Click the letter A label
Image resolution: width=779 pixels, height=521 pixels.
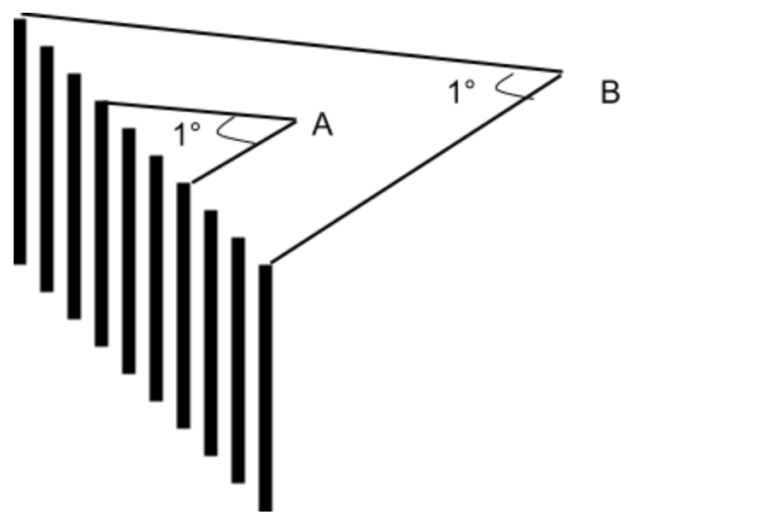322,124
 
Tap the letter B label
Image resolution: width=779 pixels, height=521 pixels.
611,92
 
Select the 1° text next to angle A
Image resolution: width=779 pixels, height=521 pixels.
187,133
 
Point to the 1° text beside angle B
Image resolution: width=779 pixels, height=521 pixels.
461,91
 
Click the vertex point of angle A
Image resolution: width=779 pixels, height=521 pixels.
296,120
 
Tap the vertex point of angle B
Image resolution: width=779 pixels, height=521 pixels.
562,73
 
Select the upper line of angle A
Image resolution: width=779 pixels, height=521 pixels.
201,111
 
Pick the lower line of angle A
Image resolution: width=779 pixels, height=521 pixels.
243,151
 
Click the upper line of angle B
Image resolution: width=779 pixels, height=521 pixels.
291,43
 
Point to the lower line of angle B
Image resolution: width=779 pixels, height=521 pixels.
416,168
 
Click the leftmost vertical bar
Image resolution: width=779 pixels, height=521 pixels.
20,142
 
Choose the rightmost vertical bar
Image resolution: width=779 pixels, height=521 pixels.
266,388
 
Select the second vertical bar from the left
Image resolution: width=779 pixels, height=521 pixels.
47,169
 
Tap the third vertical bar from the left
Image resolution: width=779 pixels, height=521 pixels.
74,196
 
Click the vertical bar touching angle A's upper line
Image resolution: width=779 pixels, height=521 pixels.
102,224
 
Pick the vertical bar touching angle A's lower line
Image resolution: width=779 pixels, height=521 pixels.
184,306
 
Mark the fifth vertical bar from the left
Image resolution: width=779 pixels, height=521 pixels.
129,251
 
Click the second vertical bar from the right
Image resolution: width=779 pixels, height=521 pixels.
238,360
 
